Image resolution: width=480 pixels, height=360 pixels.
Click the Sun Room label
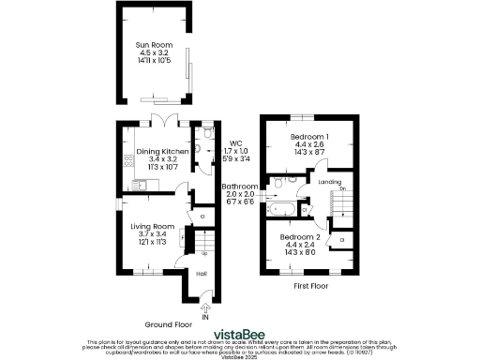point(155,45)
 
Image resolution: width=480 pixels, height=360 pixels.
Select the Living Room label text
point(152,226)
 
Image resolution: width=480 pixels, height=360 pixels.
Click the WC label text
point(235,143)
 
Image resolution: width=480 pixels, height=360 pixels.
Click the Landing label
point(329,181)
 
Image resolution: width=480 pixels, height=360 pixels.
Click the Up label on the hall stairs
point(203,253)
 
